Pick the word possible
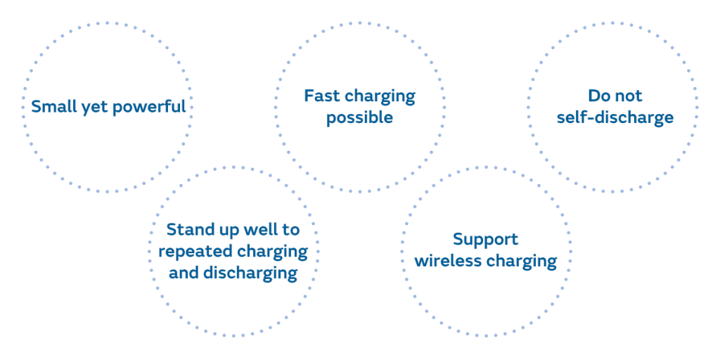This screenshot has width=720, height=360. tap(359, 118)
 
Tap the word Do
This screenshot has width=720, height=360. tap(597, 96)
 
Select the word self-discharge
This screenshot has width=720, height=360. tap(615, 118)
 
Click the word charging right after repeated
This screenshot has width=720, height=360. tap(271, 252)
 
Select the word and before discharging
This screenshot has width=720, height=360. tap(184, 273)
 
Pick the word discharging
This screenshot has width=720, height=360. tap(250, 274)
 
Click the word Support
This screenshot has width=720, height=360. tap(485, 240)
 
